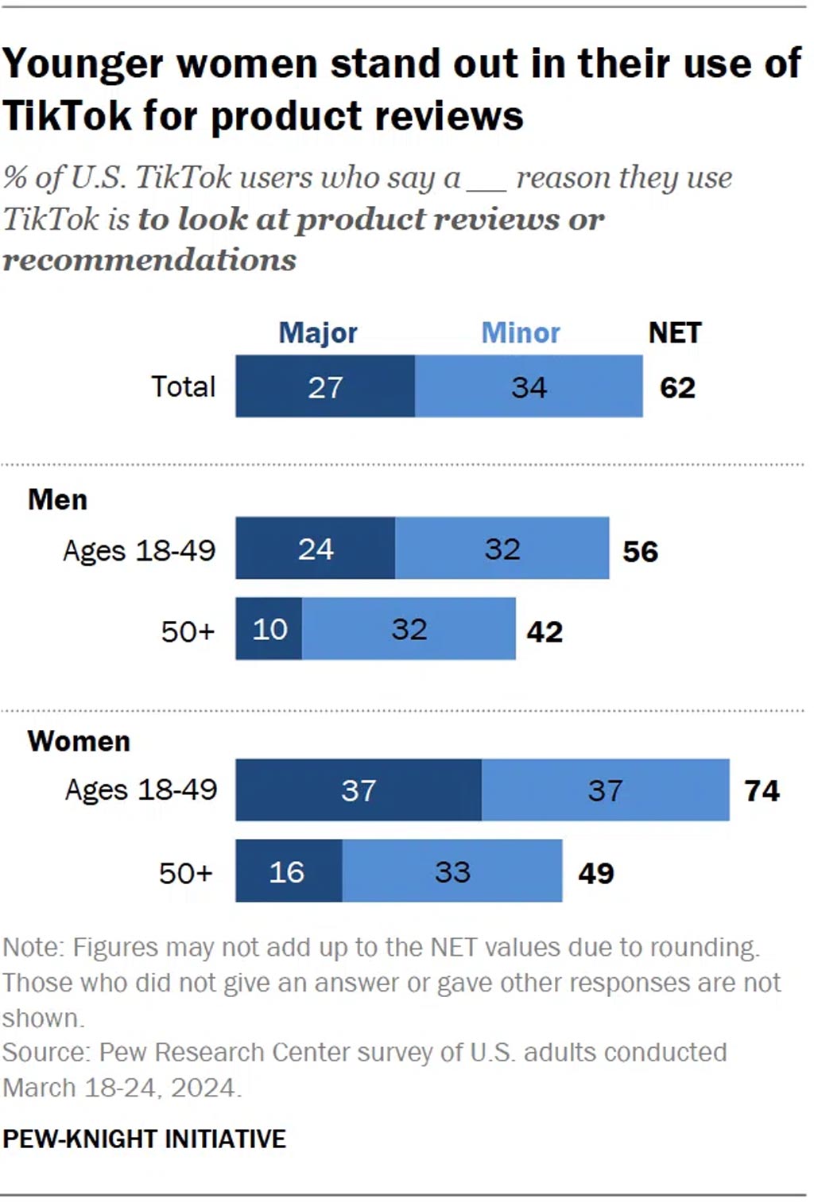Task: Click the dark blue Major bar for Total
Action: (x=325, y=386)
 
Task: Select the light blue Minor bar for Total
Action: (x=529, y=386)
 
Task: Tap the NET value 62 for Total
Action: (x=677, y=388)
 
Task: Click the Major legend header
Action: (x=318, y=332)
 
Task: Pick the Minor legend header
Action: (x=521, y=332)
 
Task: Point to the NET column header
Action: (x=675, y=332)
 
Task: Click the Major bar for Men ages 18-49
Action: (x=316, y=549)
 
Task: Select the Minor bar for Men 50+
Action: (x=409, y=629)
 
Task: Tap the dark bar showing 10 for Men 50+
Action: (x=269, y=629)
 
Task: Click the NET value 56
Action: (x=640, y=552)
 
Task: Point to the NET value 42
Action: (x=545, y=632)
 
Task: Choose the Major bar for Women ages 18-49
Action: (x=359, y=790)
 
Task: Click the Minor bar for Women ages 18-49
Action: (x=605, y=790)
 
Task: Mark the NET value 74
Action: (x=762, y=791)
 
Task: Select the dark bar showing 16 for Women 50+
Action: (x=288, y=871)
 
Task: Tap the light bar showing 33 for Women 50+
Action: (x=452, y=871)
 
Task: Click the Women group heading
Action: (x=79, y=741)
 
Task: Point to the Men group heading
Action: (x=57, y=499)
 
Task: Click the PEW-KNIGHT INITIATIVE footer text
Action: (x=144, y=1139)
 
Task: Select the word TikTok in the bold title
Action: (x=66, y=116)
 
